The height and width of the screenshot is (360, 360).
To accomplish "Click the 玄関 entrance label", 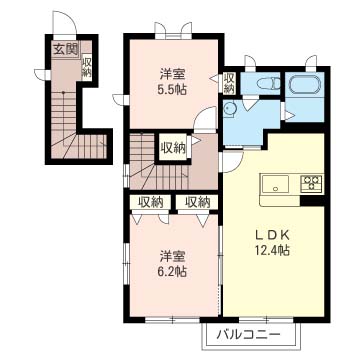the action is tap(66, 50).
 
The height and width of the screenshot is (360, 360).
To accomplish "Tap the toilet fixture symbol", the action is tap(268, 83).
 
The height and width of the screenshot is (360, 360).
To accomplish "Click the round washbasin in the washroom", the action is tap(229, 110).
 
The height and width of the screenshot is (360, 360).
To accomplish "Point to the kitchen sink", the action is tap(275, 184).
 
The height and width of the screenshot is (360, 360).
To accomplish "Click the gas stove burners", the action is tap(311, 183).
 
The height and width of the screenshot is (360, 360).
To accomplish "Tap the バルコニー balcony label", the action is tap(247, 334).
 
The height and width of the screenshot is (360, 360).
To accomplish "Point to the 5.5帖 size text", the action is tap(172, 89).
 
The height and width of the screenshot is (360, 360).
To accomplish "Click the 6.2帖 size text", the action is tap(172, 272).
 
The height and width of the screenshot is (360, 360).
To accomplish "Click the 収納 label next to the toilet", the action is tap(229, 83).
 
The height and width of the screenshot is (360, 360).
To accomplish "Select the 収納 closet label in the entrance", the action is tap(87, 67).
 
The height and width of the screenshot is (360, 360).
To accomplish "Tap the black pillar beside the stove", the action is tap(312, 200).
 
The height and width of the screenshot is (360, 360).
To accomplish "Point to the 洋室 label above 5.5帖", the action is tap(172, 75).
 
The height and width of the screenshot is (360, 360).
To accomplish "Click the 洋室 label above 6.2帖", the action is tap(172, 257).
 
